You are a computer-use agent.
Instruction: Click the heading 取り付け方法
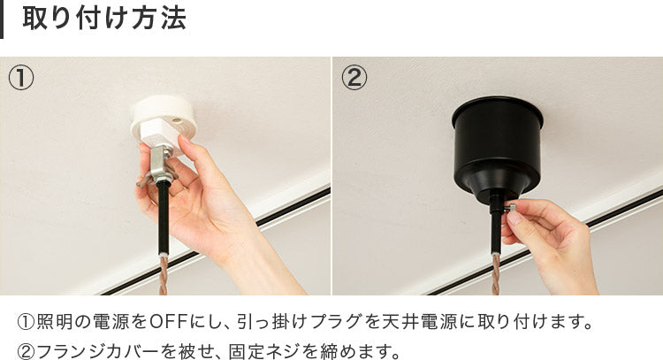point(104,19)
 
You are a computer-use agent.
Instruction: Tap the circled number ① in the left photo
point(20,78)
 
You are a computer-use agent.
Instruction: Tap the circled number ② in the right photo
point(354,78)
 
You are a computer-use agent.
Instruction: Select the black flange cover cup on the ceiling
point(497,148)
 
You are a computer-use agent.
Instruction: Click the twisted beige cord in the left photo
point(164,275)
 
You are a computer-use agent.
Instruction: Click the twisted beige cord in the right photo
point(496,274)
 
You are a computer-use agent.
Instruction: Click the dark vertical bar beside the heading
point(1,19)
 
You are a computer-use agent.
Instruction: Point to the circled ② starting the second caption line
point(27,351)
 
